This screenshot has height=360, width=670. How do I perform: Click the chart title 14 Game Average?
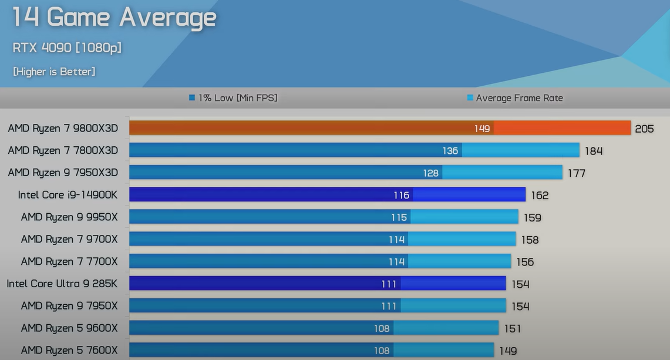coord(114,17)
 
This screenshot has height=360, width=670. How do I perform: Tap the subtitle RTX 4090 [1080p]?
coord(67,48)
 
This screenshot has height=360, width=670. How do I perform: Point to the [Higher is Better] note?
coord(54,72)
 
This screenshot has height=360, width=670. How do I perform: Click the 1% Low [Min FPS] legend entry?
coord(233,98)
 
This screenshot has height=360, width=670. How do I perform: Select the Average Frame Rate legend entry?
coord(515,98)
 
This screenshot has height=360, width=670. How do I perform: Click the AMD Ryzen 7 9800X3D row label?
coord(63,129)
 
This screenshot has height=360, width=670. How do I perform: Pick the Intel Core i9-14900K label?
coord(68,195)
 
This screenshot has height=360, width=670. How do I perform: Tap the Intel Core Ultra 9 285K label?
coord(62,284)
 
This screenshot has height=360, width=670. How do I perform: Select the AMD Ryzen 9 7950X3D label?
coord(63,173)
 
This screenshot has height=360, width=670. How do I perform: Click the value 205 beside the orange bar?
coord(644,129)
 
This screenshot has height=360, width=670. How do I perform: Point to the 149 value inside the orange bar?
coord(482,129)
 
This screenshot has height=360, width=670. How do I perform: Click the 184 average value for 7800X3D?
coord(594,151)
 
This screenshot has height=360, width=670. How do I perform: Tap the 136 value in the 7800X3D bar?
coord(450,151)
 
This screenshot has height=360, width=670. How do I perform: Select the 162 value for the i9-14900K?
coord(540,195)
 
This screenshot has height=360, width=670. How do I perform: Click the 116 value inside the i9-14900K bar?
coord(402,195)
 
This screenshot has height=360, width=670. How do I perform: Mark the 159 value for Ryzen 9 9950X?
coord(533,217)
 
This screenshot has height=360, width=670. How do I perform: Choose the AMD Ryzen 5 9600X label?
coord(69,328)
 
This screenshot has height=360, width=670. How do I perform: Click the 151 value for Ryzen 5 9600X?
coord(512,328)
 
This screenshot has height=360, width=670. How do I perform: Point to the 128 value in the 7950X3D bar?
coord(431,173)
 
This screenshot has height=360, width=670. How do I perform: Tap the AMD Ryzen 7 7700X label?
coord(69,261)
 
